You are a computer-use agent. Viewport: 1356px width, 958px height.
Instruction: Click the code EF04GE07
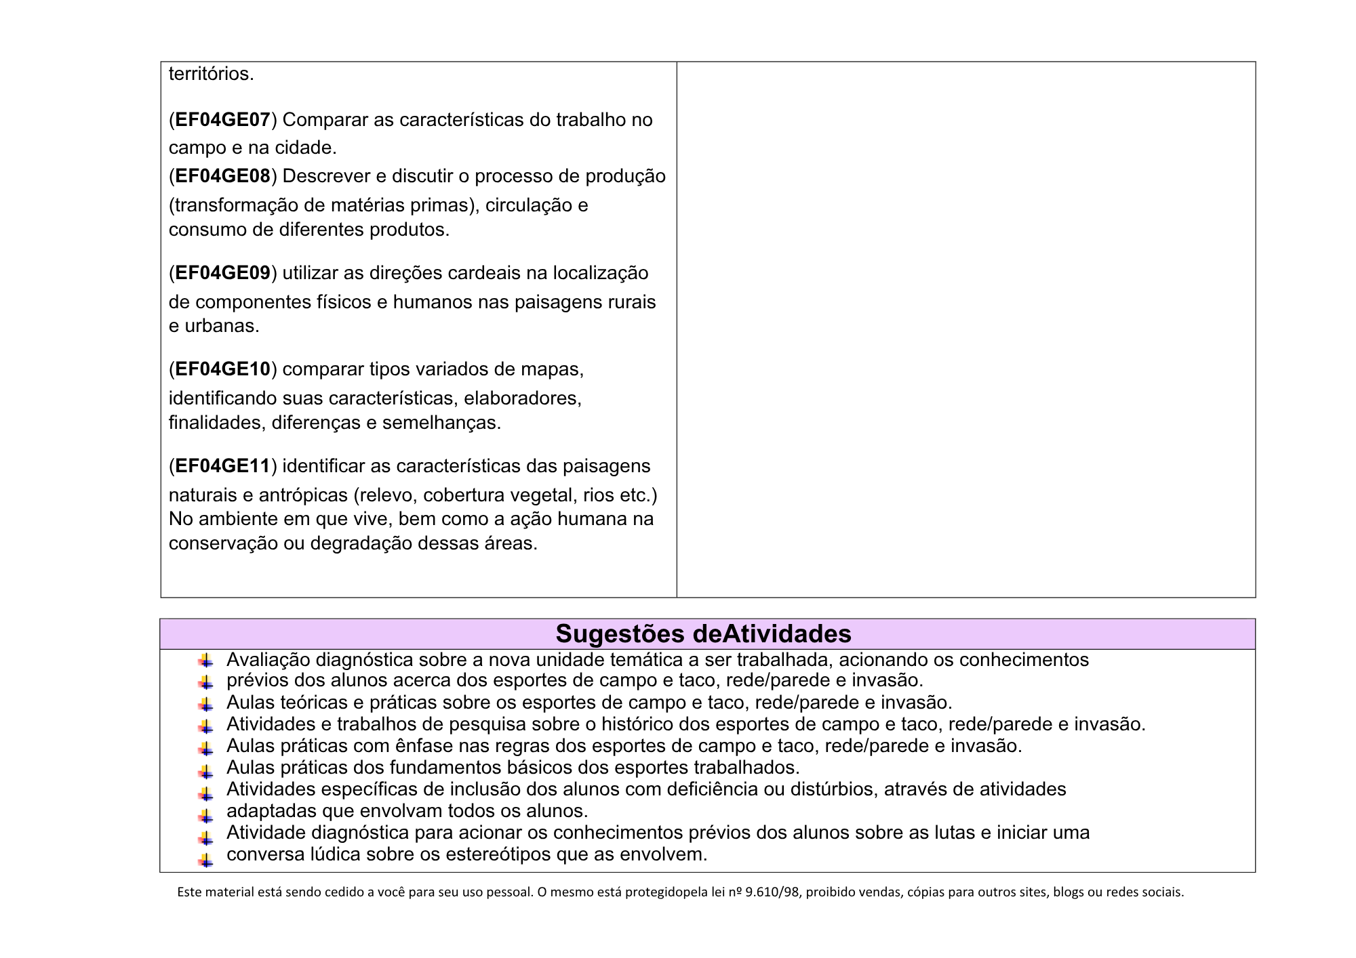pos(222,120)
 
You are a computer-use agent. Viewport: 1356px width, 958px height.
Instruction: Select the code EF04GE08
pos(222,176)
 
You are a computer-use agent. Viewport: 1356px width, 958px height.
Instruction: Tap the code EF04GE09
pos(222,273)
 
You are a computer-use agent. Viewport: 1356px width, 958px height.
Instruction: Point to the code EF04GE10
pos(222,369)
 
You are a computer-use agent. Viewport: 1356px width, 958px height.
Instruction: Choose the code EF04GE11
pos(222,466)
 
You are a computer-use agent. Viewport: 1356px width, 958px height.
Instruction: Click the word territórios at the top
pos(211,74)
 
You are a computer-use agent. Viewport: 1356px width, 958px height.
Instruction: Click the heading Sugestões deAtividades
pos(703,633)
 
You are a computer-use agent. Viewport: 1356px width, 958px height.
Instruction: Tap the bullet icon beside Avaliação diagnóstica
pos(205,661)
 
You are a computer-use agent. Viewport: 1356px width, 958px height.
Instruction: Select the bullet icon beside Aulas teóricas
pos(205,704)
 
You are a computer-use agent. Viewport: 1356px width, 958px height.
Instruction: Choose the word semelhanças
pos(441,423)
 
